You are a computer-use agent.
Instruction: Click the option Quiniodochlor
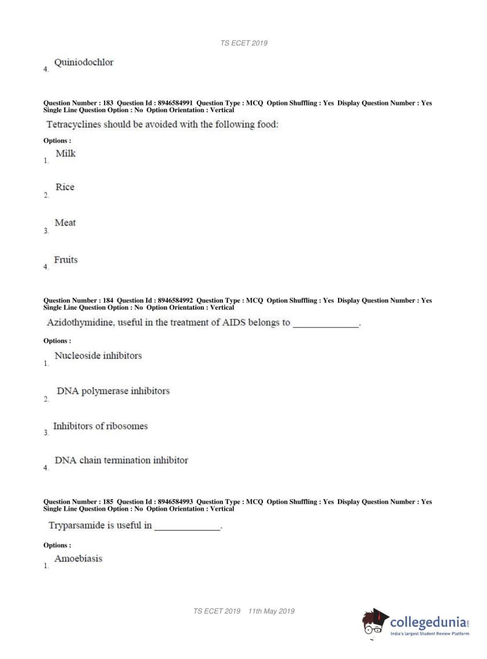tap(84, 62)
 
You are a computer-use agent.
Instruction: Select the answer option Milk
tap(66, 154)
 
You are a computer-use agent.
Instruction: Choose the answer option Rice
tap(65, 187)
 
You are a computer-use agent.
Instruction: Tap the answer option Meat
tap(65, 223)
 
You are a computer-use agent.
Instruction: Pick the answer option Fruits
tap(66, 260)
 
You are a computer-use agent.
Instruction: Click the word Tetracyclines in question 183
tap(73, 124)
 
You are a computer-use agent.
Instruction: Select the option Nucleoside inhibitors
tap(98, 356)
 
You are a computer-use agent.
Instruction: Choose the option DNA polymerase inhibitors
tap(113, 391)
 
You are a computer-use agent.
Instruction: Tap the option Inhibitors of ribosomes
tap(100, 426)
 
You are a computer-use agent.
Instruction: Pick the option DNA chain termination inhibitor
tap(121, 460)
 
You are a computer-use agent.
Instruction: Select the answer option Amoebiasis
tap(78, 558)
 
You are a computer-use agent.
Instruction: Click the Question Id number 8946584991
tap(175, 103)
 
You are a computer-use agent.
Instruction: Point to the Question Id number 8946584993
tap(175, 502)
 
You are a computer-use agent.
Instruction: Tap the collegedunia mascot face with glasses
tap(373, 624)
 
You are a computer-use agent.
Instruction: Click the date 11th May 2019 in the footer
tap(271, 611)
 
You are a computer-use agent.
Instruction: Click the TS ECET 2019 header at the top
tap(244, 43)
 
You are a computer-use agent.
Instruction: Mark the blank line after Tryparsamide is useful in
tap(187, 528)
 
